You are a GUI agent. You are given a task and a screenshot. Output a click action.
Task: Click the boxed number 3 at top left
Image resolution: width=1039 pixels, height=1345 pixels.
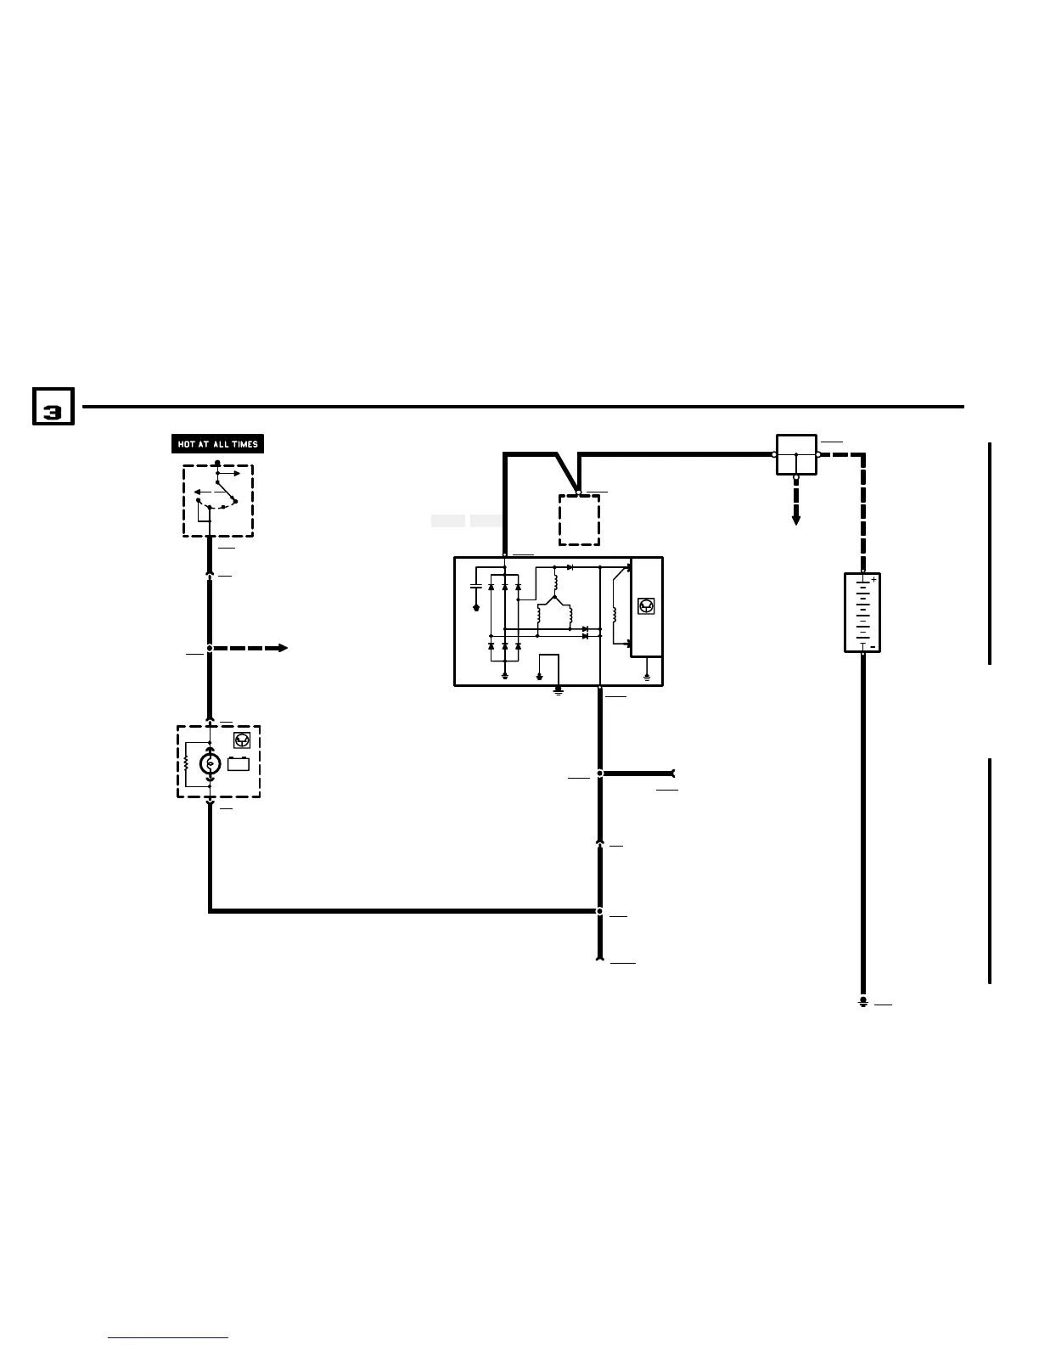53,407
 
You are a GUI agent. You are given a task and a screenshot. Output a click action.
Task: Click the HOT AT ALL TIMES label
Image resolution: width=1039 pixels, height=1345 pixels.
217,444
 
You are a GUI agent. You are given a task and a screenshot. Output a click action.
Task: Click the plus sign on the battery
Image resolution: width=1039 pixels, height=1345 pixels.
873,579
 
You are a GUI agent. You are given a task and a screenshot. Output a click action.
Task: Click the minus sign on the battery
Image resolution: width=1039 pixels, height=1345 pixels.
873,647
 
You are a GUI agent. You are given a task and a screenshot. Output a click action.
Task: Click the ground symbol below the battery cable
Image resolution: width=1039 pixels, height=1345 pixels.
862,1003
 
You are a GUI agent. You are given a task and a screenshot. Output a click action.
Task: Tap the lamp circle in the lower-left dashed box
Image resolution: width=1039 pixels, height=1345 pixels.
210,764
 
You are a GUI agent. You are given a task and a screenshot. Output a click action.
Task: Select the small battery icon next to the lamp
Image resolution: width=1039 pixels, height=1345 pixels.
239,763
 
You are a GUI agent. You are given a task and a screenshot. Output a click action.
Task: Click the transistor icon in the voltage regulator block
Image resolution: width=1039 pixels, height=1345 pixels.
646,606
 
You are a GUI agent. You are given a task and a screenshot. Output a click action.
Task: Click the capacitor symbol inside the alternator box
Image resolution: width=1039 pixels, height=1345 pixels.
475,586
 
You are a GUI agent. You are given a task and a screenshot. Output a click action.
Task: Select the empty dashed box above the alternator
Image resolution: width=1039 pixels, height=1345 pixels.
579,520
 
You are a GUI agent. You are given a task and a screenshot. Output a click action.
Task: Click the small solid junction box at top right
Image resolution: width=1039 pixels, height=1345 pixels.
796,454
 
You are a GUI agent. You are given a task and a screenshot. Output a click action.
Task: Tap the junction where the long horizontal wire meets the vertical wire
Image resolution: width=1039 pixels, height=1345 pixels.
599,911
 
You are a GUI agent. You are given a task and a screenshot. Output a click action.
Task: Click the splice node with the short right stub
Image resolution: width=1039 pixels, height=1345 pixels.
600,774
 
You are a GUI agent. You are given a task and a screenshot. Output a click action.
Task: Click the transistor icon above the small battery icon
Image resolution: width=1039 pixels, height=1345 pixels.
241,740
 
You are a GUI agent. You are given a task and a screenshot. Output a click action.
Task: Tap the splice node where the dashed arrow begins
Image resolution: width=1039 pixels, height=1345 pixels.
210,648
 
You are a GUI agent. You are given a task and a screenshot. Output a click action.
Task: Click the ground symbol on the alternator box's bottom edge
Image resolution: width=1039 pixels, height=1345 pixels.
559,690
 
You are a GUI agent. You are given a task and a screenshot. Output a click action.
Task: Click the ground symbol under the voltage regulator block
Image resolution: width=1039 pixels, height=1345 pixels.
647,677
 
